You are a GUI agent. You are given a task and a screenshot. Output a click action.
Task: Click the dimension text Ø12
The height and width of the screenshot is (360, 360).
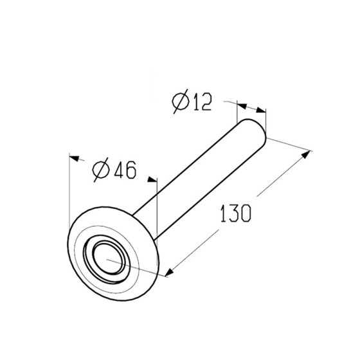(192, 102)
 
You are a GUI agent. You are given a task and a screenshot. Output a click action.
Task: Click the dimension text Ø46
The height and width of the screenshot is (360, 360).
(114, 170)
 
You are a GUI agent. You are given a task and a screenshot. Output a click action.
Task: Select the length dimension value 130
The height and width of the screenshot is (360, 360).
(236, 213)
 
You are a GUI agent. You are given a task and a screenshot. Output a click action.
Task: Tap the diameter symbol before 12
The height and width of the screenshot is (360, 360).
(181, 102)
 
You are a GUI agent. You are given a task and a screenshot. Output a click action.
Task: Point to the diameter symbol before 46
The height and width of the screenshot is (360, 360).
(100, 170)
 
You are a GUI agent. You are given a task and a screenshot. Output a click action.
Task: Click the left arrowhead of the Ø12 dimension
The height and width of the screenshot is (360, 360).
(242, 106)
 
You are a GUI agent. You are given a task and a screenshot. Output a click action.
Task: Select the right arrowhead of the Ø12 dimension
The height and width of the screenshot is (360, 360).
(261, 110)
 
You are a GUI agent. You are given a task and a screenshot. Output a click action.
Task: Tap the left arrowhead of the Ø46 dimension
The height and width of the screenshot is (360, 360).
(74, 158)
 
